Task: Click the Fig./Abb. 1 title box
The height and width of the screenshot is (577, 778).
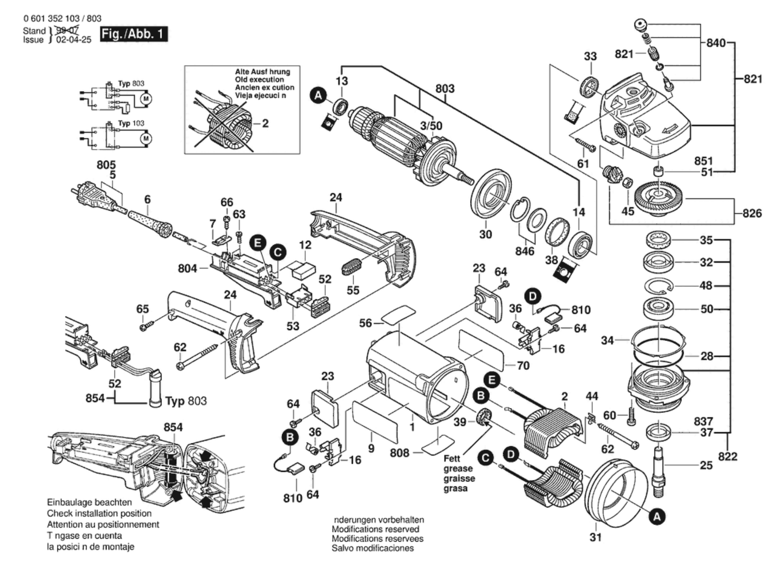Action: tap(134, 34)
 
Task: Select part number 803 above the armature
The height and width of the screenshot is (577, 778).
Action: tap(445, 89)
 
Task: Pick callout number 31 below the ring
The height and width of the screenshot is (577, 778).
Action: tap(595, 537)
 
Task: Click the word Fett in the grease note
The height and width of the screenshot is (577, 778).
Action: tap(452, 458)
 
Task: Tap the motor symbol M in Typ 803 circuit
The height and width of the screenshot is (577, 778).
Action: tap(146, 99)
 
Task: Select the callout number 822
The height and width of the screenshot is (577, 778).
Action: tap(727, 457)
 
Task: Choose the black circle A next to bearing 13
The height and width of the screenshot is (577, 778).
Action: tap(318, 96)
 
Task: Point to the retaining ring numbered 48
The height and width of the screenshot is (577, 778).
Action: tap(659, 286)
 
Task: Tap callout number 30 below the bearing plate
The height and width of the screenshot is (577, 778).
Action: tap(486, 234)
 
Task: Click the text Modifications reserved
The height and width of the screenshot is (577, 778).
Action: tap(375, 529)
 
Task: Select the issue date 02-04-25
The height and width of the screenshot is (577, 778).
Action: tap(74, 40)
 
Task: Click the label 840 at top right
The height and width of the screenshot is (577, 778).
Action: tap(716, 43)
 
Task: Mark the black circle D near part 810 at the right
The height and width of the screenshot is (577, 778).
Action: tap(533, 297)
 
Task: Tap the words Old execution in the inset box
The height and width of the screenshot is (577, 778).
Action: tap(259, 80)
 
